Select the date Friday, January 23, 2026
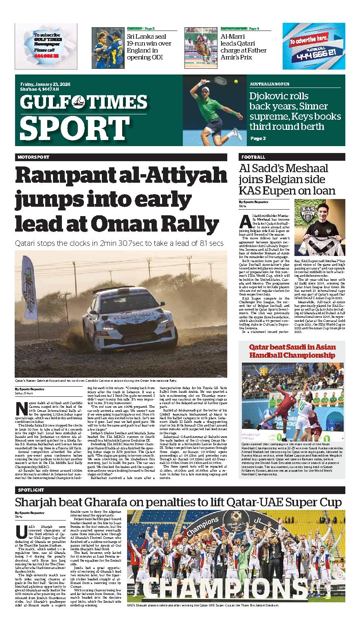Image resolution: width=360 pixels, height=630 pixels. click(x=45, y=84)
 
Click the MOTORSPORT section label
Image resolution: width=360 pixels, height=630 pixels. click(x=33, y=157)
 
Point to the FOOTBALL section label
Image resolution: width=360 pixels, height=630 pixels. click(x=253, y=157)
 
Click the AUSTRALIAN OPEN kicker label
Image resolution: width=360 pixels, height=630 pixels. click(x=270, y=84)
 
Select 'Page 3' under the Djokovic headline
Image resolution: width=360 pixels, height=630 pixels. click(x=258, y=138)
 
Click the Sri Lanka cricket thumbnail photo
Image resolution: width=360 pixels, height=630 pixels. click(x=107, y=44)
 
